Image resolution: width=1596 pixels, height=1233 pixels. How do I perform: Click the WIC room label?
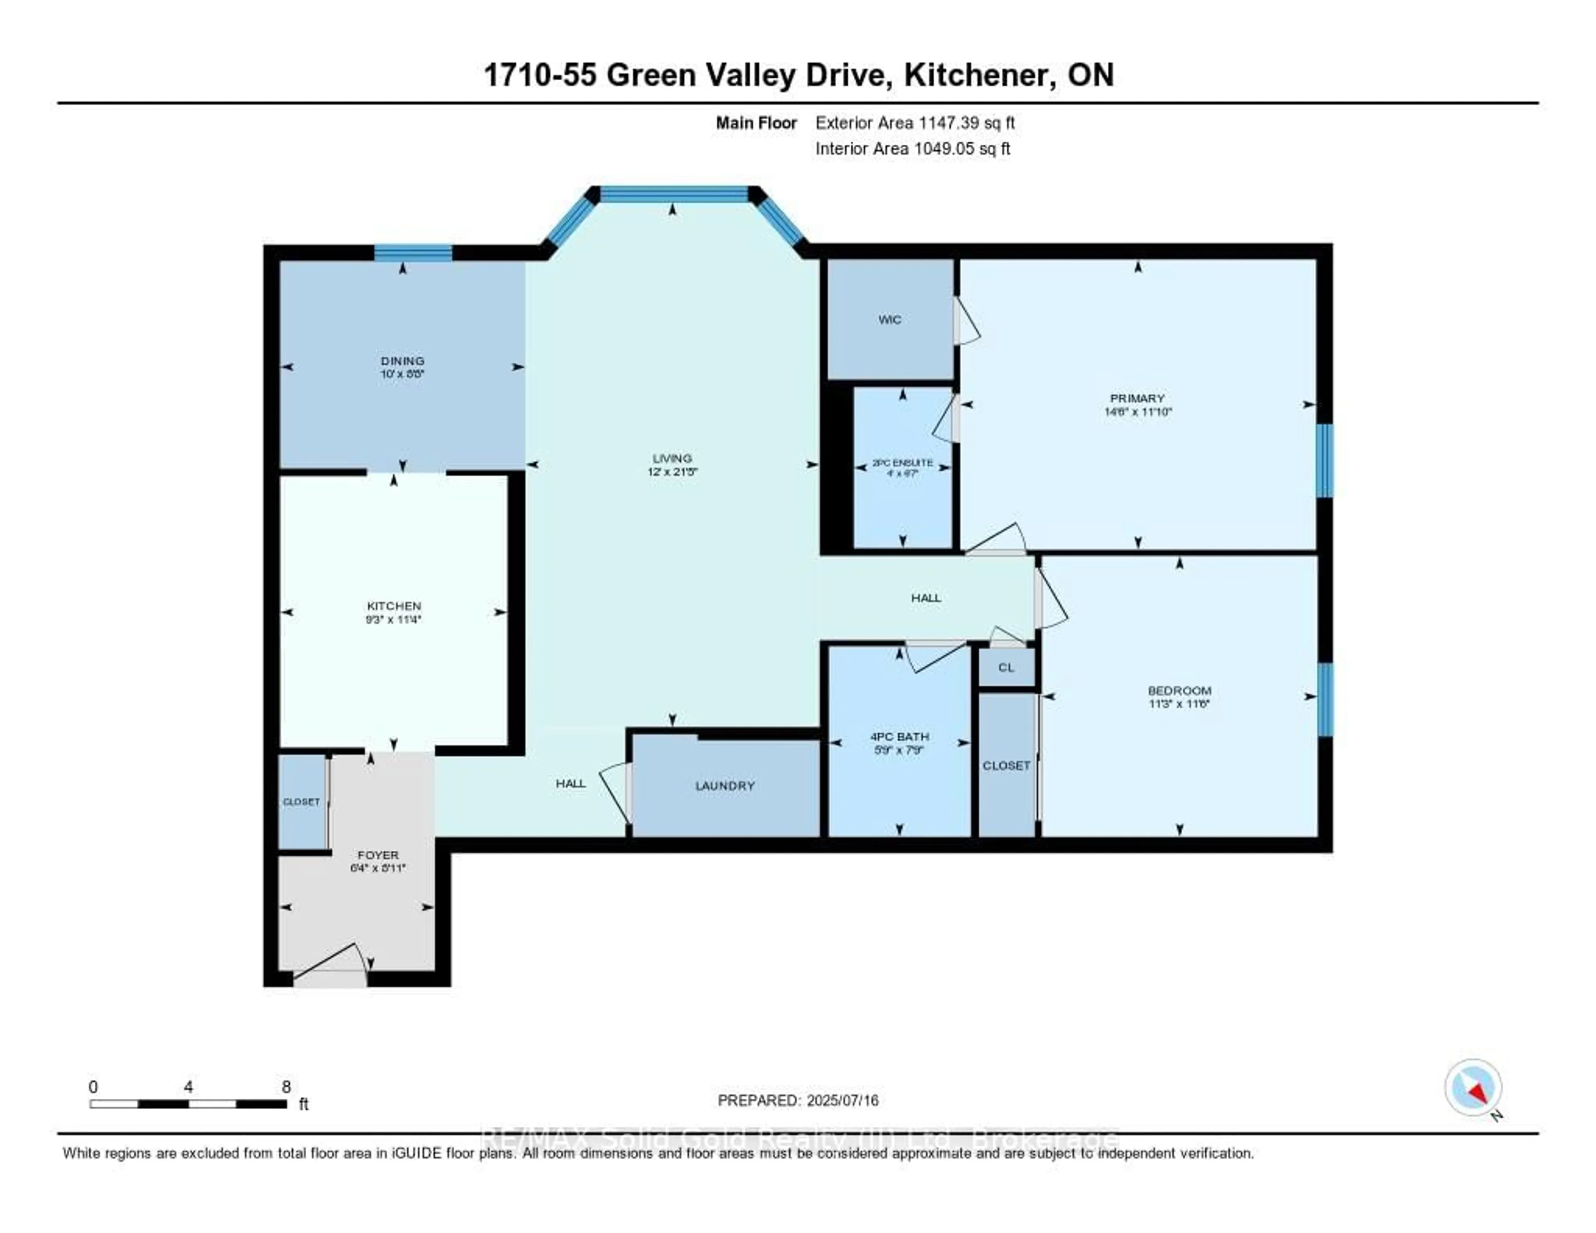click(x=889, y=319)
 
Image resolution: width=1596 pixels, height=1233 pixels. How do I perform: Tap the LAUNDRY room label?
click(x=725, y=786)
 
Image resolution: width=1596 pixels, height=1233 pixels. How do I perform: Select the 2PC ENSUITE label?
click(x=902, y=463)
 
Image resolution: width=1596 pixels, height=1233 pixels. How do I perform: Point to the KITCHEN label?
click(x=394, y=606)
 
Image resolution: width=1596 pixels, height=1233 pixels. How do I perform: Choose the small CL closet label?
click(x=1006, y=667)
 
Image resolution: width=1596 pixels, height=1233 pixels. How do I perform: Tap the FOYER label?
click(x=378, y=854)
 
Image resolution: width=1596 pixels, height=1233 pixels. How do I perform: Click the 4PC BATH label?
click(x=899, y=737)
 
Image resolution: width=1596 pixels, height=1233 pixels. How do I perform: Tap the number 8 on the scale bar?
click(x=286, y=1087)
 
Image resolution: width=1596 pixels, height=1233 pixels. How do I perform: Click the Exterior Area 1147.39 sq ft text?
click(x=915, y=123)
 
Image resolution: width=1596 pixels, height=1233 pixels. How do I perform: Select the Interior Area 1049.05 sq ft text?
click(x=913, y=148)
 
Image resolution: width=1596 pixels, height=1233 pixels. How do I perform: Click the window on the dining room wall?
click(x=413, y=253)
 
